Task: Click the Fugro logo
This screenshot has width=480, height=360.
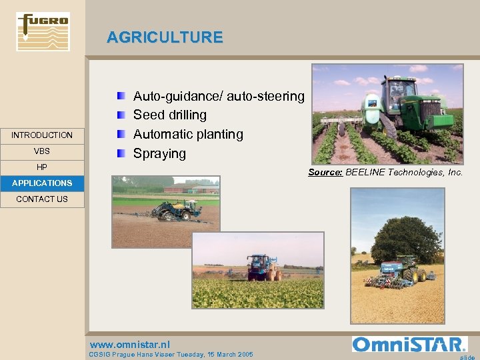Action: click(x=43, y=31)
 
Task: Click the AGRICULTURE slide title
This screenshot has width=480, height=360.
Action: click(x=165, y=37)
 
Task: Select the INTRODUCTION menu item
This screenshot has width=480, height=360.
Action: click(x=42, y=135)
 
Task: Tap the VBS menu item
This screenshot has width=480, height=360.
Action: click(x=42, y=151)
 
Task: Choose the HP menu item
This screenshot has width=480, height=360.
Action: click(x=42, y=167)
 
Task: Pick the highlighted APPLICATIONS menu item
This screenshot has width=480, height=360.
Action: click(x=42, y=183)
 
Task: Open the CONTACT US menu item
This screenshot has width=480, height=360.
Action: click(x=42, y=199)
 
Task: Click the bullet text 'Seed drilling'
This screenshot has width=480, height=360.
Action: click(x=170, y=115)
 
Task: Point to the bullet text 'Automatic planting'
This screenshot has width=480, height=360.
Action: click(x=189, y=135)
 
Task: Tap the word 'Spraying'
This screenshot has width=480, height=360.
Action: click(x=159, y=153)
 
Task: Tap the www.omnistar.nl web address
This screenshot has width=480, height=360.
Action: click(x=129, y=345)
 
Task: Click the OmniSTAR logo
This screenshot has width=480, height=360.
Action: click(x=409, y=344)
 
